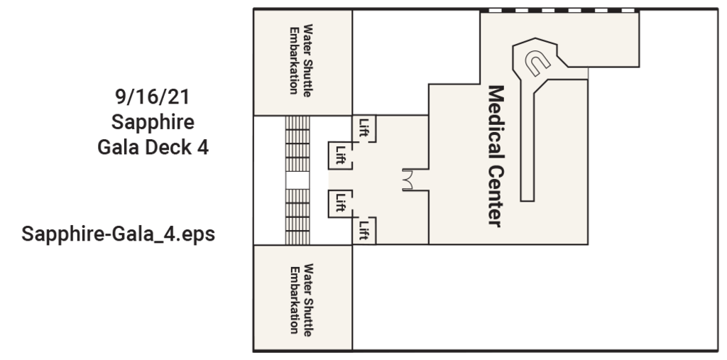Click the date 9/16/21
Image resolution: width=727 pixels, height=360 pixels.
click(x=153, y=95)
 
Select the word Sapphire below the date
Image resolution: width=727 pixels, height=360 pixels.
click(x=153, y=121)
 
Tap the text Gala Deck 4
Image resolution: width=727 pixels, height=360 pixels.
click(x=153, y=148)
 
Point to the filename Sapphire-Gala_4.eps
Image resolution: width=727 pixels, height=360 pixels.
click(x=119, y=234)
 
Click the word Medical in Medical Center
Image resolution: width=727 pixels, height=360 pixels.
click(x=496, y=125)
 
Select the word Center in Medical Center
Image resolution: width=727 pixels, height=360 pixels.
click(x=496, y=196)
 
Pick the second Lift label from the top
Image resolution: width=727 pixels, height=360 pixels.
click(x=340, y=154)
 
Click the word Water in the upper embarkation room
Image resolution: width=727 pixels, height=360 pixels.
click(x=308, y=34)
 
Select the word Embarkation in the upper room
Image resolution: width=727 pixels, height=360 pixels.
click(x=293, y=60)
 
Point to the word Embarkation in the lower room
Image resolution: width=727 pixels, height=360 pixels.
click(x=293, y=300)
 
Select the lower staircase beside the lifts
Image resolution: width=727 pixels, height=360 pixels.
click(x=297, y=217)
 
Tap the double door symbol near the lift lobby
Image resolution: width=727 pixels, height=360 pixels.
click(x=410, y=180)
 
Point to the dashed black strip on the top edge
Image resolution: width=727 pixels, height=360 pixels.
click(x=560, y=10)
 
